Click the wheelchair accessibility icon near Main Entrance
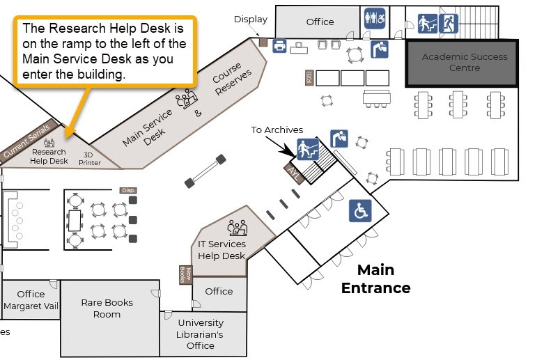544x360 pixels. coord(360,211)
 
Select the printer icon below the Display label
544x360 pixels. coord(279,46)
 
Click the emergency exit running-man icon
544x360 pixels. coord(449,24)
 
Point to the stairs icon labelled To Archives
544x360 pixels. coord(307,149)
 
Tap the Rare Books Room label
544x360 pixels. coord(107,308)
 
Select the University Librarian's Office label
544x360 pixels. coord(201,334)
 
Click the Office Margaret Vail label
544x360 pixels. coord(31,300)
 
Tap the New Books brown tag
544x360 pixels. coord(183,275)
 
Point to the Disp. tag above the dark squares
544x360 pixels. coord(127,190)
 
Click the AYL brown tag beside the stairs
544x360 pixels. coord(293,174)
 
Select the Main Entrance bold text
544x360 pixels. coord(375,279)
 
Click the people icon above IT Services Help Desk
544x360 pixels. coord(237,228)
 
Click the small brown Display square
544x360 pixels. coord(263,42)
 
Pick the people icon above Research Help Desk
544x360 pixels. coord(49,143)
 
